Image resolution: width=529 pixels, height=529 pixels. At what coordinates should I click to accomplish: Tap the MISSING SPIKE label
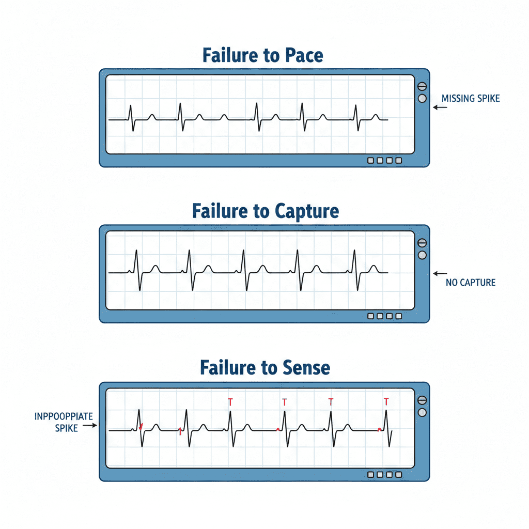(471, 98)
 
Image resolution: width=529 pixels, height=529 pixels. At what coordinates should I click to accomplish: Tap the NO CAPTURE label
(470, 283)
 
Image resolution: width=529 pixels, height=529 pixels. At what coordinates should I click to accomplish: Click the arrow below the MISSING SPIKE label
(440, 107)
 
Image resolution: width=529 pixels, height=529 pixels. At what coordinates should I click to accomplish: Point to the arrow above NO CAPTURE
(440, 273)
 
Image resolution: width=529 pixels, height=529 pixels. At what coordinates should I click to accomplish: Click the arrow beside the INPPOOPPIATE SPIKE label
(90, 426)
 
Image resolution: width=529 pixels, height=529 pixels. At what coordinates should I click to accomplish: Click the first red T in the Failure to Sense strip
(230, 401)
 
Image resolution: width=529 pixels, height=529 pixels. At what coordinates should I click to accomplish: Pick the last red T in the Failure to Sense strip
(386, 401)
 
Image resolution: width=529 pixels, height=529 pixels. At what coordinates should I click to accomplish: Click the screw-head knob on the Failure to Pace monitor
(422, 87)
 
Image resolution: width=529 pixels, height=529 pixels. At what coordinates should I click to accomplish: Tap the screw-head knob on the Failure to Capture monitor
(422, 243)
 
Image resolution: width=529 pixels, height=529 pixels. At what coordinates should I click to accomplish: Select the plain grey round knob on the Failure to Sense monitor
(422, 412)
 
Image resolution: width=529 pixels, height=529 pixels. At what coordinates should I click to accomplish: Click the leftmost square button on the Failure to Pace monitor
(370, 161)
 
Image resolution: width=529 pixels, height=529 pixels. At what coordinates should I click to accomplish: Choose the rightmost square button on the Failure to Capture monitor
(398, 317)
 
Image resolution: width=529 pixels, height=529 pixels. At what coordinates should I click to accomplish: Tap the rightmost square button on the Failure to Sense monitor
(398, 474)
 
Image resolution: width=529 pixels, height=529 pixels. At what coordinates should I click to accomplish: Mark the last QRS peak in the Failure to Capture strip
(354, 251)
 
